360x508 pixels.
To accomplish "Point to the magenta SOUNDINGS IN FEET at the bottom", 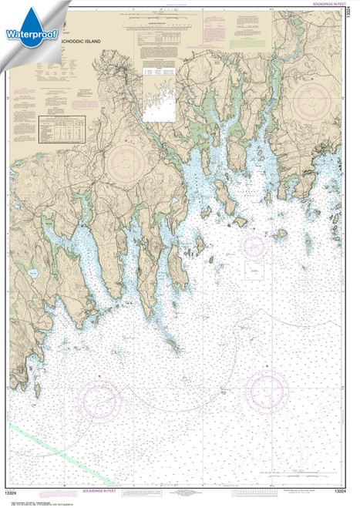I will pos(102,489).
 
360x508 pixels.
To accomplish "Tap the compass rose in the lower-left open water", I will pos(100,400).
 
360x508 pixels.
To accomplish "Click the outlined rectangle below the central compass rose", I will pos(254,270).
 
